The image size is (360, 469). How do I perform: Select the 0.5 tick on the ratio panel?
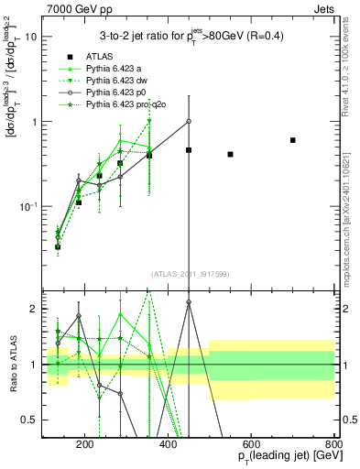[29, 420]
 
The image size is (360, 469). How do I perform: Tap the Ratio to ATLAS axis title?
[11, 365]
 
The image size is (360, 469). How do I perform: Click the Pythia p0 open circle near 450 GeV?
[189, 121]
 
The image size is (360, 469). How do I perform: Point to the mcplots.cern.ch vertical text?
[351, 211]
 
